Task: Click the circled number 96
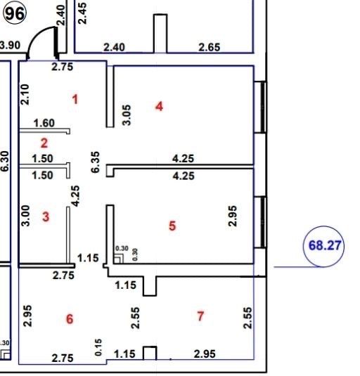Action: click(14, 13)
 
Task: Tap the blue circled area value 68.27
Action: click(324, 246)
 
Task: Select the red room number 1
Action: click(75, 99)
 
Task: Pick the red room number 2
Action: click(44, 143)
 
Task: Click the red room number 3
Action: click(46, 216)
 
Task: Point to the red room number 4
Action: click(159, 106)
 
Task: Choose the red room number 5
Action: click(172, 226)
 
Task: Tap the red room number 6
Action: click(70, 319)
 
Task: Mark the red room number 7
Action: click(200, 316)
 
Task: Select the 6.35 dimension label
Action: click(95, 162)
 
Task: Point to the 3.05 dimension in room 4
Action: click(127, 115)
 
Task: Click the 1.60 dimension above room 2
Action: click(44, 123)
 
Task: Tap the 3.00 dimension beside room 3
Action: click(25, 216)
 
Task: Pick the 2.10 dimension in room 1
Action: click(25, 94)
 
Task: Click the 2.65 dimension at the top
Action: click(209, 47)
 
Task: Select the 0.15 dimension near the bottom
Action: click(98, 347)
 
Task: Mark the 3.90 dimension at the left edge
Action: click(10, 45)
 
